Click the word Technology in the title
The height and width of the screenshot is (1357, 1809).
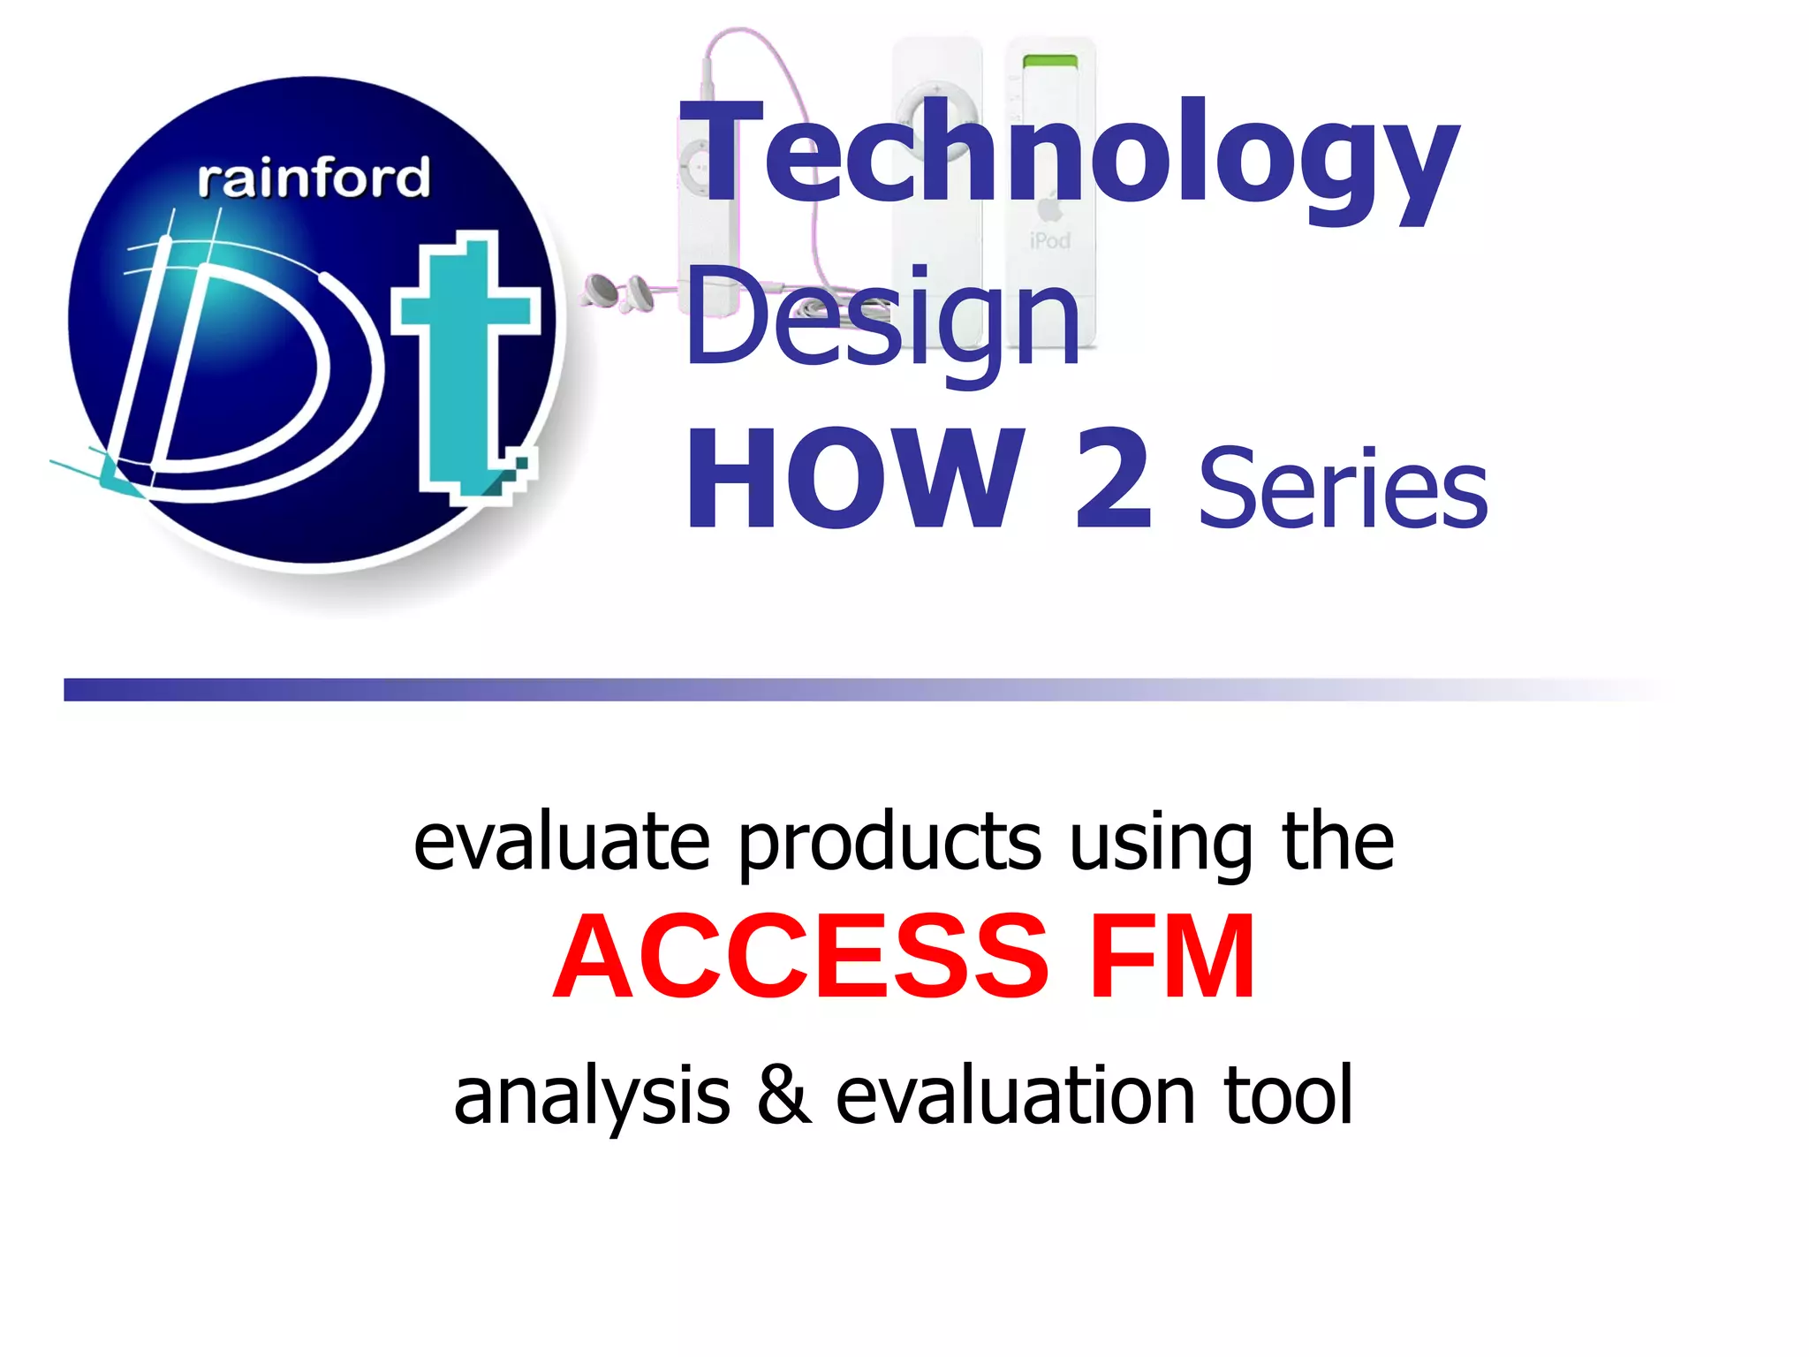coord(1069,159)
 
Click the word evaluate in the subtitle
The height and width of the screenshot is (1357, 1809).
coord(562,844)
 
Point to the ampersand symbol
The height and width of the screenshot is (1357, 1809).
coord(783,1095)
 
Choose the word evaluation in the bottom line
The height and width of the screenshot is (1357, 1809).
coord(1016,1095)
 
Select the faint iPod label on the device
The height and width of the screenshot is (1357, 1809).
coord(1049,240)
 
